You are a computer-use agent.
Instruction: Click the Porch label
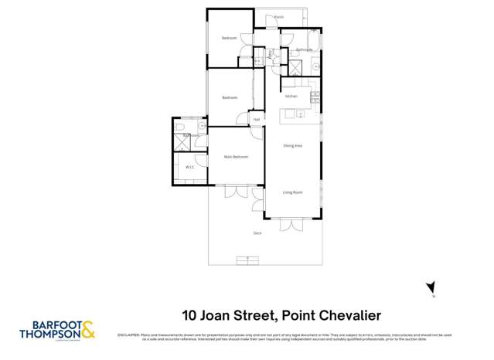(278, 16)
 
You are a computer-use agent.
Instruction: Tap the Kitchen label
(291, 97)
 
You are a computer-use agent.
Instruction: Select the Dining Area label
(292, 145)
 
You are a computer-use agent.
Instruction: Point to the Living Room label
(292, 192)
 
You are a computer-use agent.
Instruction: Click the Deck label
(257, 233)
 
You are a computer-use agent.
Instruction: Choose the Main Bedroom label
(236, 157)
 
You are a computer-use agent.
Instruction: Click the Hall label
(256, 120)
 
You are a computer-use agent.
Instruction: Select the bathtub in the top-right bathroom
(314, 42)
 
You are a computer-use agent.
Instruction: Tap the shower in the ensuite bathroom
(182, 141)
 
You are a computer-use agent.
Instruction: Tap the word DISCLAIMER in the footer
(128, 335)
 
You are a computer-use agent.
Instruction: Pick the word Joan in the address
(218, 315)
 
